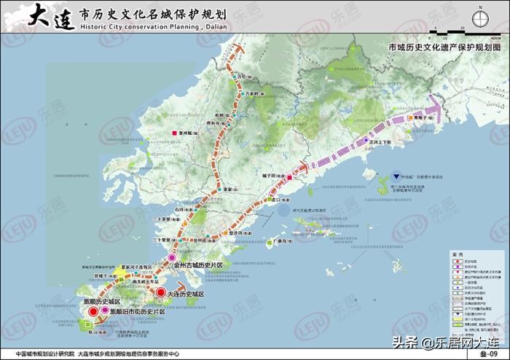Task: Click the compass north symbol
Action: tap(481, 19)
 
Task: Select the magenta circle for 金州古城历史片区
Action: tap(173, 258)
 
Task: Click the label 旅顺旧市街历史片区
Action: tap(137, 311)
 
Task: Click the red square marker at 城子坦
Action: tap(290, 178)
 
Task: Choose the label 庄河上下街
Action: tap(380, 143)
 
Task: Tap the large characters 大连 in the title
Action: tap(51, 16)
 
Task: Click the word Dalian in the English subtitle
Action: tap(207, 28)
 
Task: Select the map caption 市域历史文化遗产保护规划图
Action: tap(445, 46)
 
